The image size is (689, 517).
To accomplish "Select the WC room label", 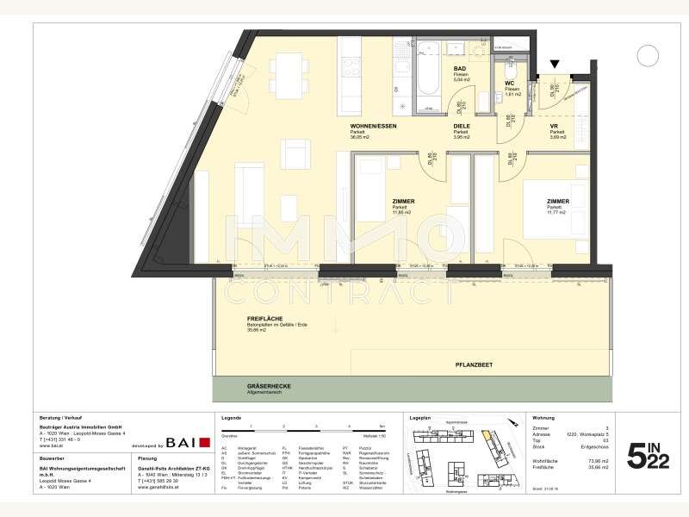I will click(x=509, y=84).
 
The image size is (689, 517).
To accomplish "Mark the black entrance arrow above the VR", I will click(x=554, y=64).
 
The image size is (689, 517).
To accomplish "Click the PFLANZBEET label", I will click(x=475, y=365).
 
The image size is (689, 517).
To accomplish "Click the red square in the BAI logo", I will click(x=204, y=443).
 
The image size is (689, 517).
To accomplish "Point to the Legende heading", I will click(x=231, y=418).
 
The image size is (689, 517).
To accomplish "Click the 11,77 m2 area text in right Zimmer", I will click(x=556, y=209).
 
